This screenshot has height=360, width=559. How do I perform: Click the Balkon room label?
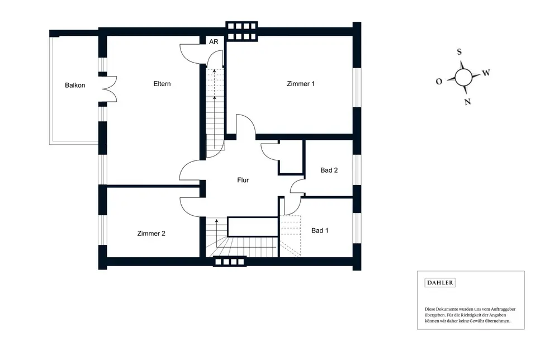[75, 86]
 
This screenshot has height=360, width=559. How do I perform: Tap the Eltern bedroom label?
[162, 84]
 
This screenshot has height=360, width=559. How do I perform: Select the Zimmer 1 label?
[301, 84]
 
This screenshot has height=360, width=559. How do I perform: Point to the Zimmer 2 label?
[151, 234]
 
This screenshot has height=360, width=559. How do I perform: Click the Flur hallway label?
[243, 181]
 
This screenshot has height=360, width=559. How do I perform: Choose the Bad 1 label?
[320, 230]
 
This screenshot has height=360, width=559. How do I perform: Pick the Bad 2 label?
[329, 170]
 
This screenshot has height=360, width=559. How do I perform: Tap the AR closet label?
[214, 42]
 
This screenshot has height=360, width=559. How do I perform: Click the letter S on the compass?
[459, 52]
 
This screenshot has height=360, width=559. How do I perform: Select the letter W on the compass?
[486, 73]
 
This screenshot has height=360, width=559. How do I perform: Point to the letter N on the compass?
[467, 102]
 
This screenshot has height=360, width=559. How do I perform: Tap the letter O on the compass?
[439, 82]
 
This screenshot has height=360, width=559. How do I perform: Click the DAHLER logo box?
[440, 283]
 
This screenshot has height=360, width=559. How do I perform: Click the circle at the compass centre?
[463, 77]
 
